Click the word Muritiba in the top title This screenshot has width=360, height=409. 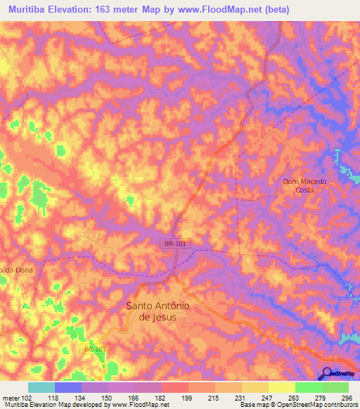[30, 10]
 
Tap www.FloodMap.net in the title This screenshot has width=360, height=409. [220, 10]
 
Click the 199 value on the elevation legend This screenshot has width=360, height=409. [187, 397]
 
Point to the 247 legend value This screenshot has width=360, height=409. [266, 397]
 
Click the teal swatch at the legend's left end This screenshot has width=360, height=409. [41, 387]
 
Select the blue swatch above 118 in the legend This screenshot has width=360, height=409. [67, 387]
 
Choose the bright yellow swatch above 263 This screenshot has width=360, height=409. [281, 387]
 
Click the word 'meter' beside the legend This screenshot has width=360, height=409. [11, 397]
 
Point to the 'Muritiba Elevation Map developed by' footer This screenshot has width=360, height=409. [55, 405]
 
